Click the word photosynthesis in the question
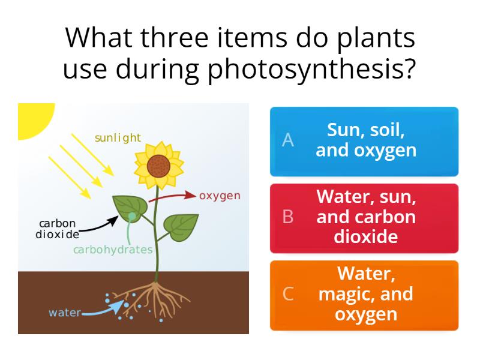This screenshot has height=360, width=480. [x=311, y=69]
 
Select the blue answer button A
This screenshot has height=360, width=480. [x=364, y=142]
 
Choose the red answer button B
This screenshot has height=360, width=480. [x=364, y=218]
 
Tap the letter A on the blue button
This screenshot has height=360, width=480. [x=288, y=140]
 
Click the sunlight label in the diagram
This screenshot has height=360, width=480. [x=118, y=138]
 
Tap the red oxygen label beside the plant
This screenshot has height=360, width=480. [x=220, y=196]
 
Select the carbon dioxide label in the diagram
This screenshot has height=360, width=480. [x=57, y=229]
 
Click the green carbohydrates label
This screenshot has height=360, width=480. [x=113, y=250]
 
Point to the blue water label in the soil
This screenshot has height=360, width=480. [x=64, y=313]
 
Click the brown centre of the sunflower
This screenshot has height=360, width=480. [x=158, y=165]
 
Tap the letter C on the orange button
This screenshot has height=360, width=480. [x=288, y=294]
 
